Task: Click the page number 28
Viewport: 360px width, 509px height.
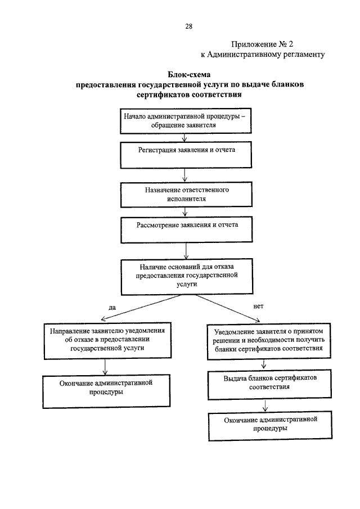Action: click(188, 26)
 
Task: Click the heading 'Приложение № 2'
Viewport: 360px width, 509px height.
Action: click(262, 44)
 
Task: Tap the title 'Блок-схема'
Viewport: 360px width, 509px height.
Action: click(189, 75)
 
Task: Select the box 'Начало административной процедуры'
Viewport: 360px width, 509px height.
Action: click(186, 121)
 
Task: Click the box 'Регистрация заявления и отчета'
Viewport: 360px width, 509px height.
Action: click(186, 155)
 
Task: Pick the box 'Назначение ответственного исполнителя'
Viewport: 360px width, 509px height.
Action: click(186, 195)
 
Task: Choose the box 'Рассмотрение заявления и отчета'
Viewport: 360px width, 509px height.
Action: click(187, 230)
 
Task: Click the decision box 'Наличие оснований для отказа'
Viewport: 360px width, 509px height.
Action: click(187, 277)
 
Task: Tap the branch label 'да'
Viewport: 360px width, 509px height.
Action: click(112, 307)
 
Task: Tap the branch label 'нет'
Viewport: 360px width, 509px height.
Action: click(258, 306)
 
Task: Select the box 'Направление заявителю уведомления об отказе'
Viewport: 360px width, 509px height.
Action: click(107, 340)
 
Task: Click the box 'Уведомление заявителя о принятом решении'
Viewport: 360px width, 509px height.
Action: click(269, 341)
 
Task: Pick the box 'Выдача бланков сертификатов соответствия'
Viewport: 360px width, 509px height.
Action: click(269, 384)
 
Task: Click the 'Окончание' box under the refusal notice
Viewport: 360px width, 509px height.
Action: click(106, 391)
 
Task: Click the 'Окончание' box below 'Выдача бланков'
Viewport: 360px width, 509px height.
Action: click(271, 426)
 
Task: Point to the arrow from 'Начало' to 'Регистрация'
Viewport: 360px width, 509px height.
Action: click(184, 138)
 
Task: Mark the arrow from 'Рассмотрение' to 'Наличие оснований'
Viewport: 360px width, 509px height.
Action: click(186, 251)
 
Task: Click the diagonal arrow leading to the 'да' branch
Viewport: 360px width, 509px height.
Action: click(141, 308)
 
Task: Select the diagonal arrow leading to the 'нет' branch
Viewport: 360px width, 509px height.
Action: click(228, 308)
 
